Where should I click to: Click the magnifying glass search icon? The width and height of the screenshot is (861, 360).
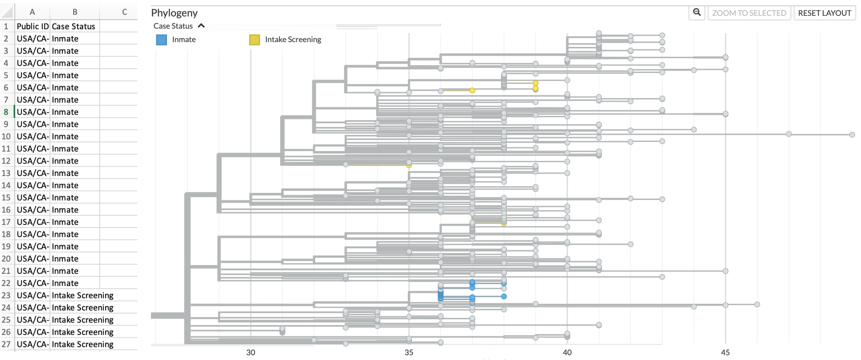(x=696, y=13)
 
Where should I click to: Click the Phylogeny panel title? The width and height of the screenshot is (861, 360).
(x=174, y=13)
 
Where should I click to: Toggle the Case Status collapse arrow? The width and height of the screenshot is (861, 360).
(x=201, y=26)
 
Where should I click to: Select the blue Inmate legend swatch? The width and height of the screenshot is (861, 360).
(x=161, y=40)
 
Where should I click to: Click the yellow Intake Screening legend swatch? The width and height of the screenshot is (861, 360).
(x=254, y=40)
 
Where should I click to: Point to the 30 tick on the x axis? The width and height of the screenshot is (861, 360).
(x=250, y=352)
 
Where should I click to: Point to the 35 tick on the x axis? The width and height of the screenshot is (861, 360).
(x=409, y=352)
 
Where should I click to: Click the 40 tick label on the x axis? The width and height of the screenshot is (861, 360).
(x=567, y=352)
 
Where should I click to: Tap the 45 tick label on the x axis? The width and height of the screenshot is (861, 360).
(x=725, y=352)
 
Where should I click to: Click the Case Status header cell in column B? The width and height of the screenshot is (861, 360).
(x=74, y=26)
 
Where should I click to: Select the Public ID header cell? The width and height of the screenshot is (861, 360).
(x=33, y=26)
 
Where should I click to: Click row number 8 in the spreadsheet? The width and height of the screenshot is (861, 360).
(x=6, y=112)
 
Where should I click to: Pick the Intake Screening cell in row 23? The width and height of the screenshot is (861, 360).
(x=82, y=295)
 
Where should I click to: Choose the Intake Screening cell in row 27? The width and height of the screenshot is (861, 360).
(x=82, y=344)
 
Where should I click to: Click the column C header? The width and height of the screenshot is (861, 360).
(x=124, y=12)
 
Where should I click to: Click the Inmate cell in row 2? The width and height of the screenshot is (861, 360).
(x=65, y=39)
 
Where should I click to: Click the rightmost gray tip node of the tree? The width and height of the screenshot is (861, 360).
(x=852, y=135)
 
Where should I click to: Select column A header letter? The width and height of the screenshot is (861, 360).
(x=32, y=12)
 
